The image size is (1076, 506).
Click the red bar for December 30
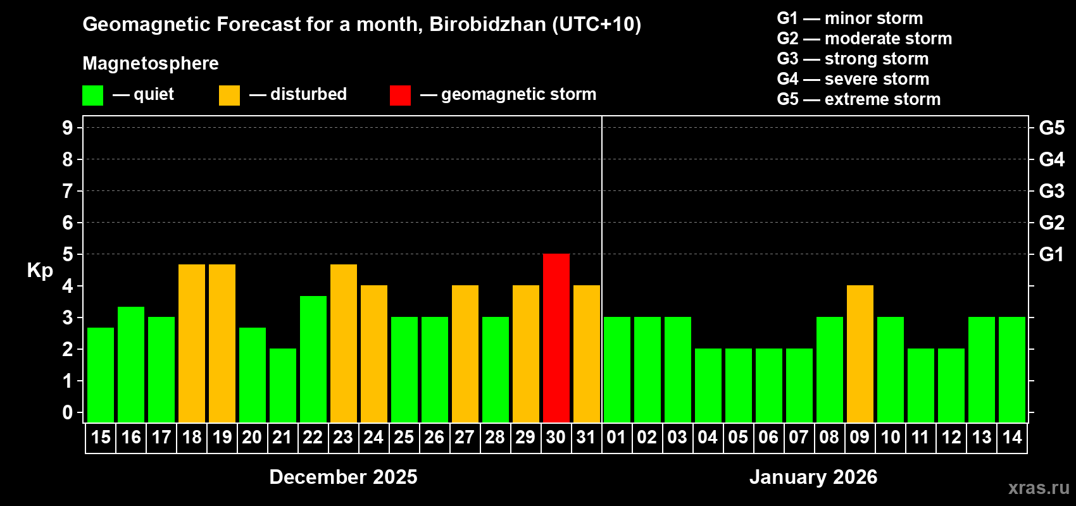coord(556,338)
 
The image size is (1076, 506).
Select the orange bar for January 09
coord(860,354)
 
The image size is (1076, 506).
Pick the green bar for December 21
coord(283,385)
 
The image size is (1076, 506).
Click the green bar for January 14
coord(1012,369)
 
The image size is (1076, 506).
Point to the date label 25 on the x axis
coord(404,437)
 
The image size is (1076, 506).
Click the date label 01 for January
coord(616,437)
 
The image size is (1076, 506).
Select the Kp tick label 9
coord(68,128)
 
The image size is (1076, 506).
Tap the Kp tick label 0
coord(68,412)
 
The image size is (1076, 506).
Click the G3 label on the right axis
coord(1051,191)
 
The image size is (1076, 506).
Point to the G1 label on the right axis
coord(1051,254)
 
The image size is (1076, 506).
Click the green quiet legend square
coord(93,96)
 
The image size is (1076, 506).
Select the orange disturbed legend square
coord(229,96)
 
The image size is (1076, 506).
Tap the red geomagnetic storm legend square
coord(400,96)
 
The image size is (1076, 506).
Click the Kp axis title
coord(40,270)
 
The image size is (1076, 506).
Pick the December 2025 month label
coord(343,477)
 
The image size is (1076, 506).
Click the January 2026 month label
coord(813,477)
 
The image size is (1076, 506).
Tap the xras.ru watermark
coord(1038,488)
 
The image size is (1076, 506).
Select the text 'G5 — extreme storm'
coord(858,99)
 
